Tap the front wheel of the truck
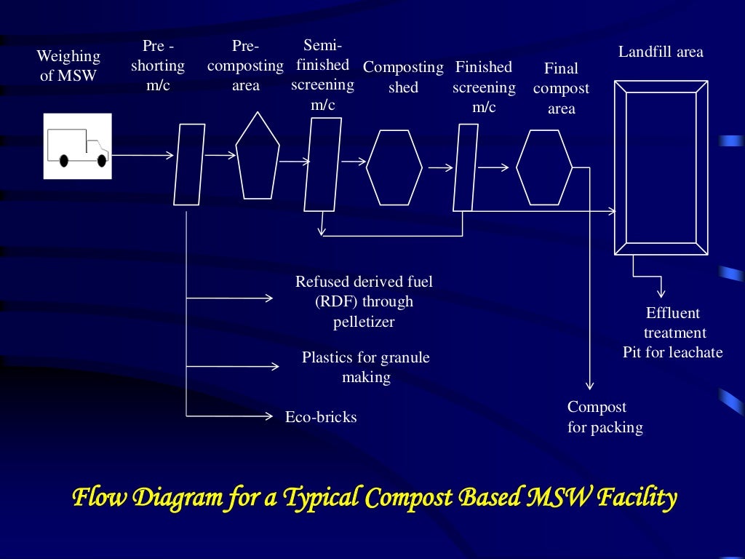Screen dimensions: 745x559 tap(102, 161)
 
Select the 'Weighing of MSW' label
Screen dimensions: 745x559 tap(68, 66)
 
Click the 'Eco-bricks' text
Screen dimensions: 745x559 tap(321, 417)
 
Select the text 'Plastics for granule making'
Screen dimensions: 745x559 tap(366, 367)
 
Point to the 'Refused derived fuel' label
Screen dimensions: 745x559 tap(364, 282)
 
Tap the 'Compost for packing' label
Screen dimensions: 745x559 tap(605, 417)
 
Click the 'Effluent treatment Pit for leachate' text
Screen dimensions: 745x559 tap(673, 333)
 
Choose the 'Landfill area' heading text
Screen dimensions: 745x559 tap(661, 52)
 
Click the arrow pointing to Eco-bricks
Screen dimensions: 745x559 tap(229, 416)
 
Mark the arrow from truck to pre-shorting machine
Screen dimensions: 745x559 tap(143, 155)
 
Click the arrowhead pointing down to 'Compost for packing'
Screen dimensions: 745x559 tap(589, 386)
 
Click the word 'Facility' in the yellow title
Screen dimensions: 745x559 tap(637, 498)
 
